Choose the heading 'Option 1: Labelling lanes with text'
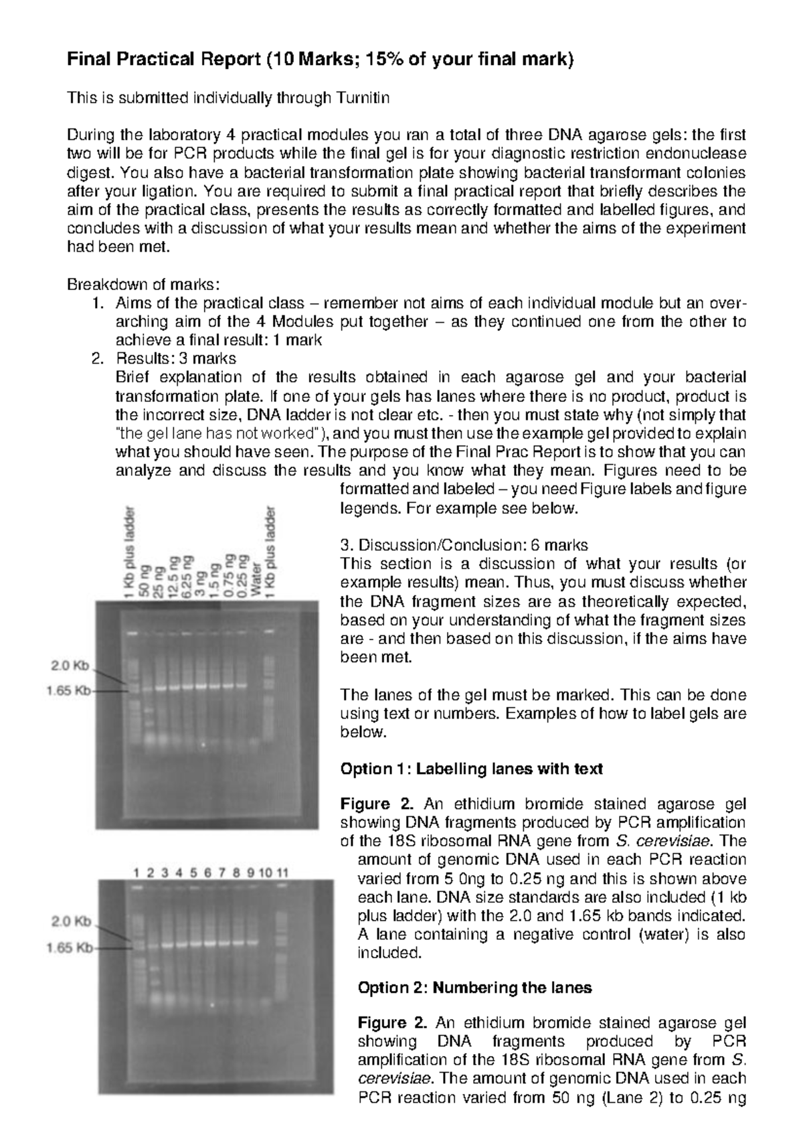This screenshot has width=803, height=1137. point(471,769)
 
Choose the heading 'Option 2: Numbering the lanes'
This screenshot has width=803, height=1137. point(475,987)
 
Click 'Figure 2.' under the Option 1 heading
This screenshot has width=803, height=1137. point(365,804)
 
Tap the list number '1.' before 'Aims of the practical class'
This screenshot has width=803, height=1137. point(97,303)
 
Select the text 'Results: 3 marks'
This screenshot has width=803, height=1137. point(175,358)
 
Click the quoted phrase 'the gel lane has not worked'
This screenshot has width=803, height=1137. point(221,433)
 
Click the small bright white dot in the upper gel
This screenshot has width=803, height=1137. point(202,744)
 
